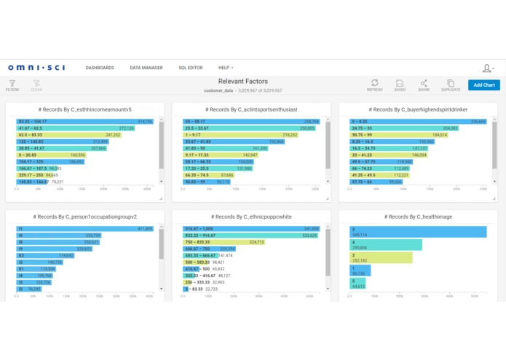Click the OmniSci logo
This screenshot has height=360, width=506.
pyautogui.click(x=36, y=68)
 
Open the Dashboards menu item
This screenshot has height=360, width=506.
pyautogui.click(x=100, y=68)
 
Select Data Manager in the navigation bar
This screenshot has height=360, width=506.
pyautogui.click(x=146, y=68)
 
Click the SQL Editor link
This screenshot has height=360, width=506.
pyautogui.click(x=191, y=68)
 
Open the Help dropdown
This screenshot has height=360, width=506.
pyautogui.click(x=226, y=68)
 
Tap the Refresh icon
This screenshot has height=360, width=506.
pyautogui.click(x=375, y=84)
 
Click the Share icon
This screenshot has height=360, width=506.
pyautogui.click(x=424, y=84)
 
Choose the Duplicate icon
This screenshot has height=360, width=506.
pyautogui.click(x=451, y=84)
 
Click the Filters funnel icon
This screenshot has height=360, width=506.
pyautogui.click(x=12, y=85)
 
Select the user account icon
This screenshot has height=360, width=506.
pyautogui.click(x=487, y=69)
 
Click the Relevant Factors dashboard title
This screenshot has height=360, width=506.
pyautogui.click(x=243, y=82)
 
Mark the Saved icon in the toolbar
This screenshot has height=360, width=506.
pyautogui.click(x=400, y=84)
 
